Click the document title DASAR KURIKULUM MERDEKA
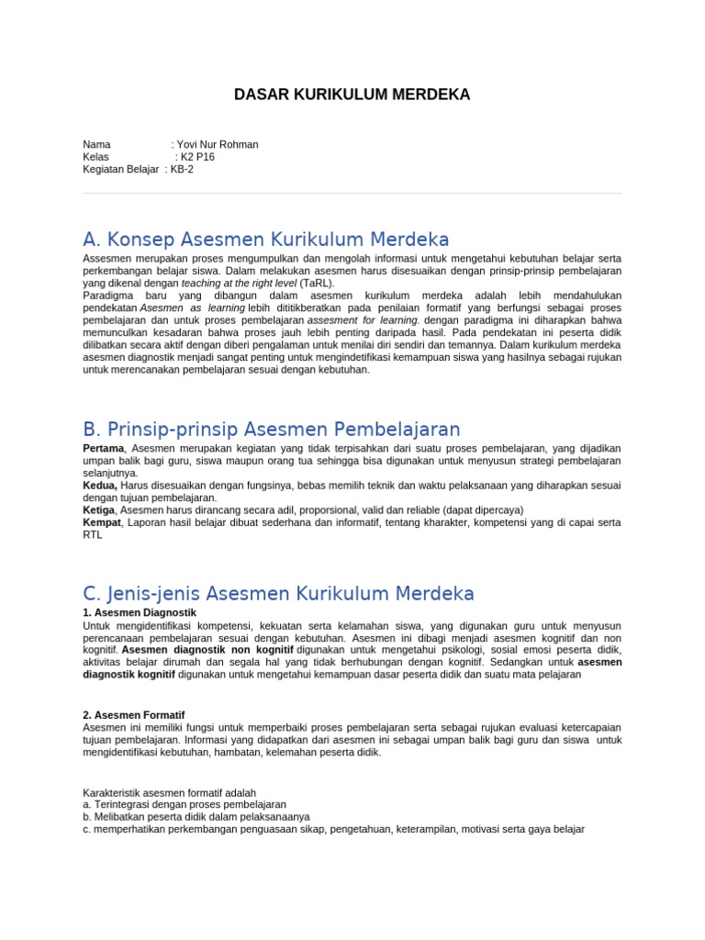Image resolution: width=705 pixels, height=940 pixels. (x=352, y=95)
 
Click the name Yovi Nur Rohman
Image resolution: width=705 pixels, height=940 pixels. (x=218, y=144)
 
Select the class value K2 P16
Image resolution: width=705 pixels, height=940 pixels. (x=197, y=157)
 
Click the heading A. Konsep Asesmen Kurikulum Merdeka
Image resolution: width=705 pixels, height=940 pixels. (x=265, y=240)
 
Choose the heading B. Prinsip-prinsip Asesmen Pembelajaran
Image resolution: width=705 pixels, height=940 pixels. (x=271, y=429)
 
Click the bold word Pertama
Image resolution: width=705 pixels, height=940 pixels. (x=103, y=448)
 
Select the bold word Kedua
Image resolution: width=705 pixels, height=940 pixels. (x=100, y=485)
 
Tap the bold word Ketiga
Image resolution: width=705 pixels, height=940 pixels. (x=99, y=509)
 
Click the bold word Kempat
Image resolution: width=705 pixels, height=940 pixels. (x=101, y=522)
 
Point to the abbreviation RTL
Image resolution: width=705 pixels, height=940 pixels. (x=93, y=535)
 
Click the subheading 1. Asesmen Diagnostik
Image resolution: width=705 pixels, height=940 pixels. (x=139, y=612)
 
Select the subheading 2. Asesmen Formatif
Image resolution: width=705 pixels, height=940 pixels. (x=134, y=714)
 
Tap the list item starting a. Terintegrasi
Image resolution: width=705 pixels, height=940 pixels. (x=172, y=804)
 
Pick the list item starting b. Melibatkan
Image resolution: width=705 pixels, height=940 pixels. (x=196, y=816)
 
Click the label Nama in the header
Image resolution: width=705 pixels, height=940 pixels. (x=96, y=144)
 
